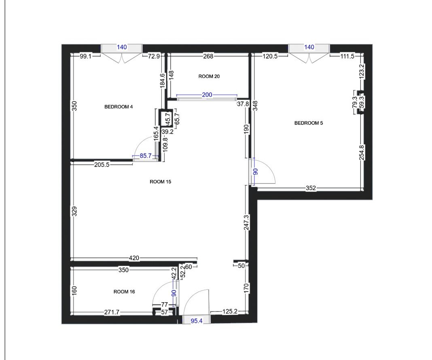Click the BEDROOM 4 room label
click(x=119, y=107)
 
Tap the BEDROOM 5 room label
click(x=309, y=123)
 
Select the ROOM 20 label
click(x=209, y=76)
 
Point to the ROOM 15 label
click(x=160, y=182)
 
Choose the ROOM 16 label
click(x=124, y=291)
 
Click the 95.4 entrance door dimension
click(x=197, y=321)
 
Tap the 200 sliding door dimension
click(x=207, y=95)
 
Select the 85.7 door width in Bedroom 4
click(x=146, y=156)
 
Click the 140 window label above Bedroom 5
click(x=309, y=47)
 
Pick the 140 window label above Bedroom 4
click(x=122, y=47)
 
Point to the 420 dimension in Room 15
click(x=134, y=258)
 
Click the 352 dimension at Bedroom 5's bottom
click(x=311, y=188)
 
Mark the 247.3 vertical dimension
click(x=247, y=222)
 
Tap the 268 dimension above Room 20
click(x=208, y=56)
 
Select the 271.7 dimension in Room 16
click(x=112, y=312)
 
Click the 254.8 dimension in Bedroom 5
click(x=362, y=152)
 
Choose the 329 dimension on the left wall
click(x=74, y=212)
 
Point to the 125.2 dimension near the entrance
click(x=230, y=312)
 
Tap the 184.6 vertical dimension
click(x=162, y=81)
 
